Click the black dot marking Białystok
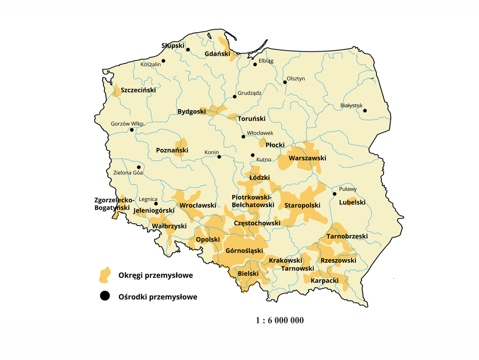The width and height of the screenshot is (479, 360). click(x=365, y=110)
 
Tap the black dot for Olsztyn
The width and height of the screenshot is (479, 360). click(x=285, y=82)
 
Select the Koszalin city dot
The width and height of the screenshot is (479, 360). click(x=164, y=61)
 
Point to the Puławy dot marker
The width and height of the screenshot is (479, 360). click(x=334, y=194)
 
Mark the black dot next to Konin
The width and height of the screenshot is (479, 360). click(x=219, y=157)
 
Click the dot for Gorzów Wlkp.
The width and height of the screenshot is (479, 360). click(x=132, y=130)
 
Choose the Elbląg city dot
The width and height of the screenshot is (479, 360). click(x=255, y=65)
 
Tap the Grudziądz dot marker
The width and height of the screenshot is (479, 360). click(x=234, y=96)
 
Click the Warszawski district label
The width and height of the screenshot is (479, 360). click(x=307, y=158)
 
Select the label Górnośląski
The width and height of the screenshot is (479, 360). click(x=244, y=251)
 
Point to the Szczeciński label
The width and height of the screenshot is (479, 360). click(x=138, y=90)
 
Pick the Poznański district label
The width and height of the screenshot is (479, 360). click(x=172, y=151)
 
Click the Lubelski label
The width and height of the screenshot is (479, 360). click(x=352, y=202)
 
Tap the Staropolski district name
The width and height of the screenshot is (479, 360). click(x=302, y=205)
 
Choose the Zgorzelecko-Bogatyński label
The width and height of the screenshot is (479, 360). click(x=112, y=204)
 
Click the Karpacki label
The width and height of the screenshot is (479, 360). click(x=324, y=281)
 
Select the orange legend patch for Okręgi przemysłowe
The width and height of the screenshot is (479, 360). click(x=105, y=275)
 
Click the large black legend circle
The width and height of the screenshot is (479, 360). click(x=105, y=296)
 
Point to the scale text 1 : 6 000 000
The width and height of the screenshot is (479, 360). click(x=279, y=320)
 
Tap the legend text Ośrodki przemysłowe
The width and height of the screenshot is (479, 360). click(x=158, y=297)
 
